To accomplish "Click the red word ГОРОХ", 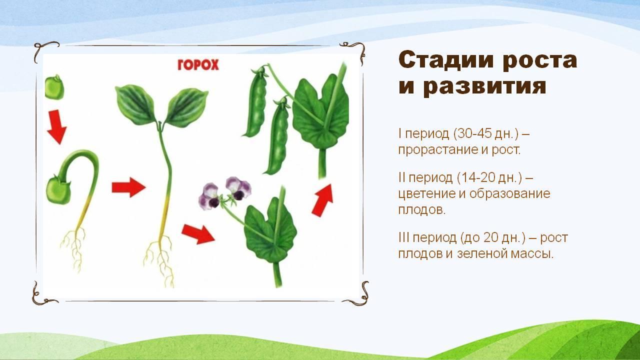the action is (x=198, y=65).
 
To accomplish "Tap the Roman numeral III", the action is (x=403, y=237).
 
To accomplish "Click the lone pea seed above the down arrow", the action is (x=54, y=87).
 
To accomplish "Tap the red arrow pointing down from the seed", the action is (x=56, y=127).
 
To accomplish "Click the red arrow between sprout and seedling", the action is (x=128, y=187).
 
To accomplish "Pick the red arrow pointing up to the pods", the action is (x=323, y=200).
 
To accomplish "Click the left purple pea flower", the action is (x=209, y=195).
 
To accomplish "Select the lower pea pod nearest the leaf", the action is (x=277, y=137).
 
